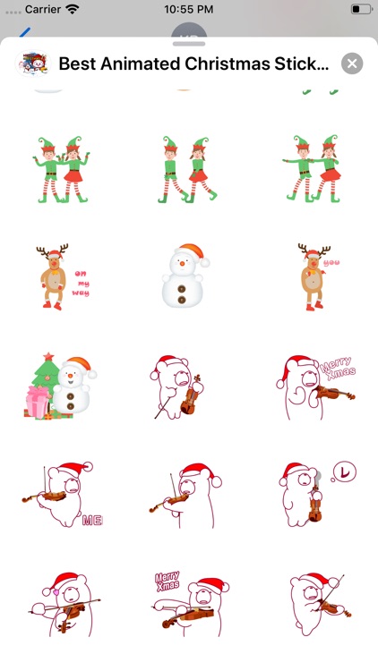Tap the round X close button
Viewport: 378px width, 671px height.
(353, 64)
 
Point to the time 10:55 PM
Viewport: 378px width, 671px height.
(189, 9)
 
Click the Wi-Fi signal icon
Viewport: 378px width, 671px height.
(97, 9)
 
